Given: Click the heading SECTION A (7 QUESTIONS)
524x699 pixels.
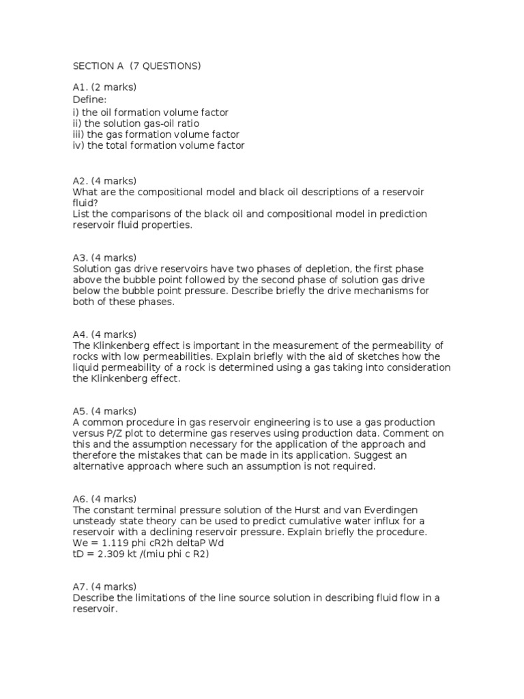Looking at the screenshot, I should click(136, 66).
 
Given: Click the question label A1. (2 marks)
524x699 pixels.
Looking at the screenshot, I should click(104, 87).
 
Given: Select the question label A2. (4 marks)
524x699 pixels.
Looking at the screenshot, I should click(104, 181).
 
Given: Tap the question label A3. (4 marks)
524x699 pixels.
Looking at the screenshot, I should click(104, 257).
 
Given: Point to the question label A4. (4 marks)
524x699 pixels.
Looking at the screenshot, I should click(104, 334).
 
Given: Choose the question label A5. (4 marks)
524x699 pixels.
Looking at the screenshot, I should click(104, 411).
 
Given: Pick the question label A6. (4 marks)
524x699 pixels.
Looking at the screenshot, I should click(104, 498).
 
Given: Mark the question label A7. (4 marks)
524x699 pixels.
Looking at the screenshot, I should click(104, 586).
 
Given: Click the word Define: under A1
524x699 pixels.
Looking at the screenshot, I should click(89, 100).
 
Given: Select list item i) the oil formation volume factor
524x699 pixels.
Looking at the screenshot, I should click(150, 112).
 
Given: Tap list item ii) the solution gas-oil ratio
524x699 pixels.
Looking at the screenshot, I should click(136, 124).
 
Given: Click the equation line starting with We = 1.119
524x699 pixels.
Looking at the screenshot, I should click(148, 543).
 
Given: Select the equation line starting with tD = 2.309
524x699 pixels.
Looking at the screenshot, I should click(141, 554).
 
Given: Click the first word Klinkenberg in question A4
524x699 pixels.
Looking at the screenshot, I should click(123, 345).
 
